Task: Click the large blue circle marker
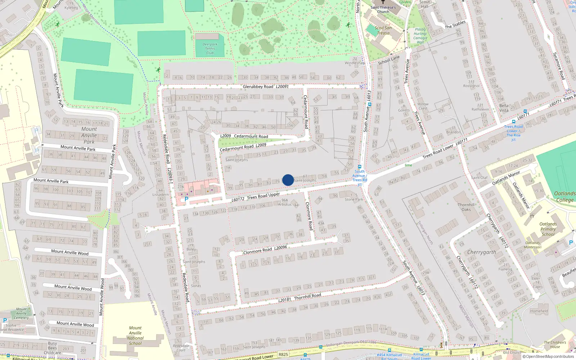(288, 180)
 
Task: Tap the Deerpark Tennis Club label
(210, 49)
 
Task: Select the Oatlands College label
(564, 197)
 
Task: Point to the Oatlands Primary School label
(548, 229)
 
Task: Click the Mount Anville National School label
(135, 336)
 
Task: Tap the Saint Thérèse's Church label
(383, 9)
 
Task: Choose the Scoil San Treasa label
(383, 30)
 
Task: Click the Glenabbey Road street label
(258, 87)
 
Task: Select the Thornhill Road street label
(307, 296)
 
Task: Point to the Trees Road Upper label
(263, 196)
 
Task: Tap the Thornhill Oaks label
(466, 207)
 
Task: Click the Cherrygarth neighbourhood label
(481, 252)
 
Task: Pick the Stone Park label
(354, 199)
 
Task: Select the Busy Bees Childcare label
(53, 348)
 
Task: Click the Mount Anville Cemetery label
(21, 313)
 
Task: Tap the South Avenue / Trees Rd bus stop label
(360, 177)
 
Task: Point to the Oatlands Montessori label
(532, 245)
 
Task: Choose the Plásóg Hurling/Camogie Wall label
(420, 36)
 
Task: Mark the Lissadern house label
(161, 194)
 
